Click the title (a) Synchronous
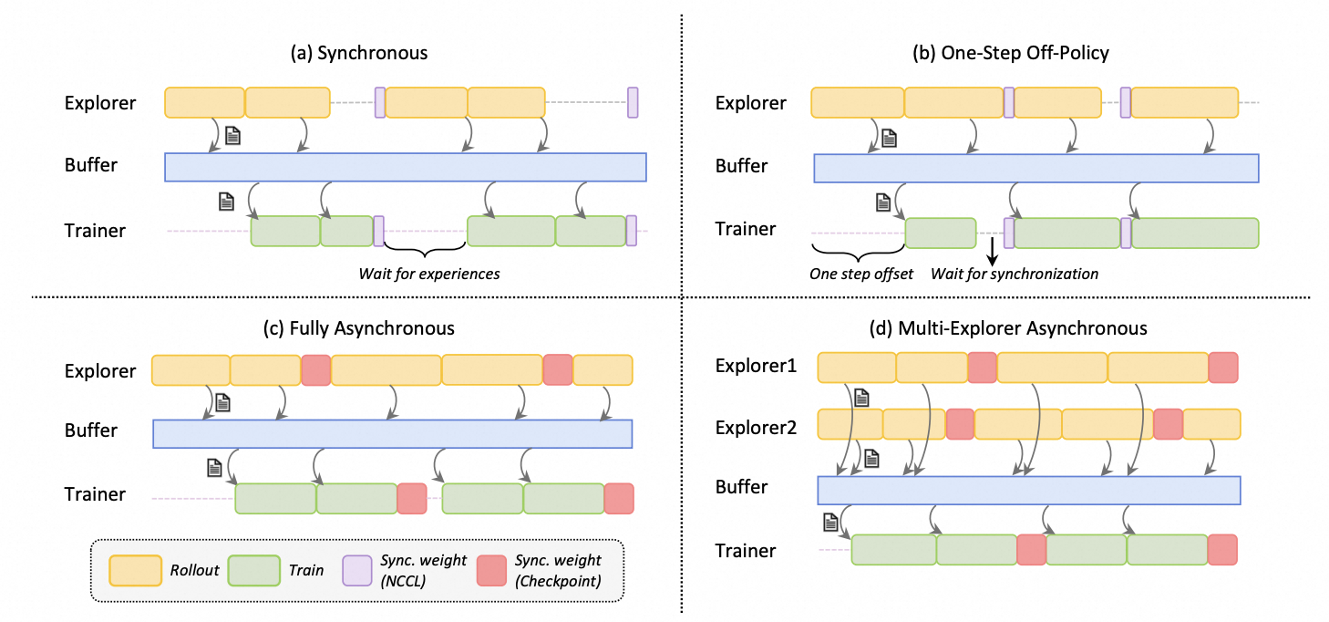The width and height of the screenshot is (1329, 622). tap(358, 53)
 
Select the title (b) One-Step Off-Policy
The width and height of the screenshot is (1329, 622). tap(1011, 53)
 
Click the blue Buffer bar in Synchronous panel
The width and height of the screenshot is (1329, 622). tap(405, 167)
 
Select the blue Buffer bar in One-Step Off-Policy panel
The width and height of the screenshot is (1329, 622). tap(1035, 168)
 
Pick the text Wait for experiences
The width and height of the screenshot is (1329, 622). tap(428, 274)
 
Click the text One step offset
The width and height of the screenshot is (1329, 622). tap(861, 274)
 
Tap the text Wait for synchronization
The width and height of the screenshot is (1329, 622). tap(1015, 274)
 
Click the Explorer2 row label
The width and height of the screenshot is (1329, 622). tap(756, 426)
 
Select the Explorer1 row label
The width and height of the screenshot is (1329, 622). tap(756, 367)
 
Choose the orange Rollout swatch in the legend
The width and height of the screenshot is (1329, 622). tap(135, 570)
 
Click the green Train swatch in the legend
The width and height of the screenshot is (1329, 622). tap(253, 570)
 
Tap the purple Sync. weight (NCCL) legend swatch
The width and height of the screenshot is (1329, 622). tap(356, 570)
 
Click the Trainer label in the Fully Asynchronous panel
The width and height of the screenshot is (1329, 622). tap(95, 494)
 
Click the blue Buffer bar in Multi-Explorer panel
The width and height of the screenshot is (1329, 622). tap(1028, 490)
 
